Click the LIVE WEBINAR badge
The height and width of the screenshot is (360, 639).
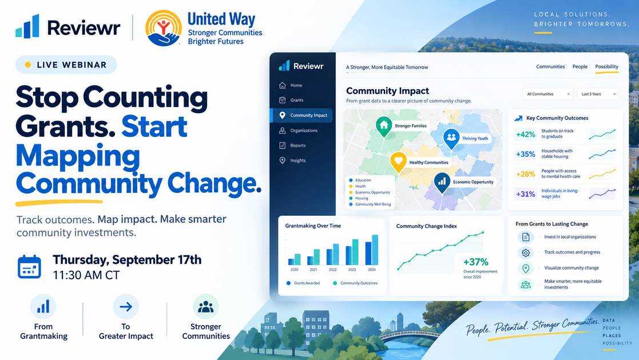(66, 65)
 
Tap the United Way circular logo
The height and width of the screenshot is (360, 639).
(164, 27)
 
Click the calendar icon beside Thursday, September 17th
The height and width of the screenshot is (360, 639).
(29, 267)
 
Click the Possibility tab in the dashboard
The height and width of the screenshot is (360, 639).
(606, 66)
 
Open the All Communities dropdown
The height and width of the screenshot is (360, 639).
(547, 94)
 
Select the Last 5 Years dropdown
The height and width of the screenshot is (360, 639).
(598, 94)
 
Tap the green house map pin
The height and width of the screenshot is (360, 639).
(383, 125)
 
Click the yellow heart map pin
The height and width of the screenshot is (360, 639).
(398, 161)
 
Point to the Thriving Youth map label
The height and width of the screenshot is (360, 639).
(475, 139)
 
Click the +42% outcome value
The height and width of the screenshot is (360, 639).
(525, 134)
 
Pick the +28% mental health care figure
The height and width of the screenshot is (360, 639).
(525, 174)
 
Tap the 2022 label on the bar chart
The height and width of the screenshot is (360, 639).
(332, 270)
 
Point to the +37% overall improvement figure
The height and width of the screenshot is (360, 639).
(475, 262)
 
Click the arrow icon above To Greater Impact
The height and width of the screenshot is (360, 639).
(126, 307)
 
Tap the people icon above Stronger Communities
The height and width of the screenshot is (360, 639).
(206, 307)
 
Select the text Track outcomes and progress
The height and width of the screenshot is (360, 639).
(572, 252)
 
